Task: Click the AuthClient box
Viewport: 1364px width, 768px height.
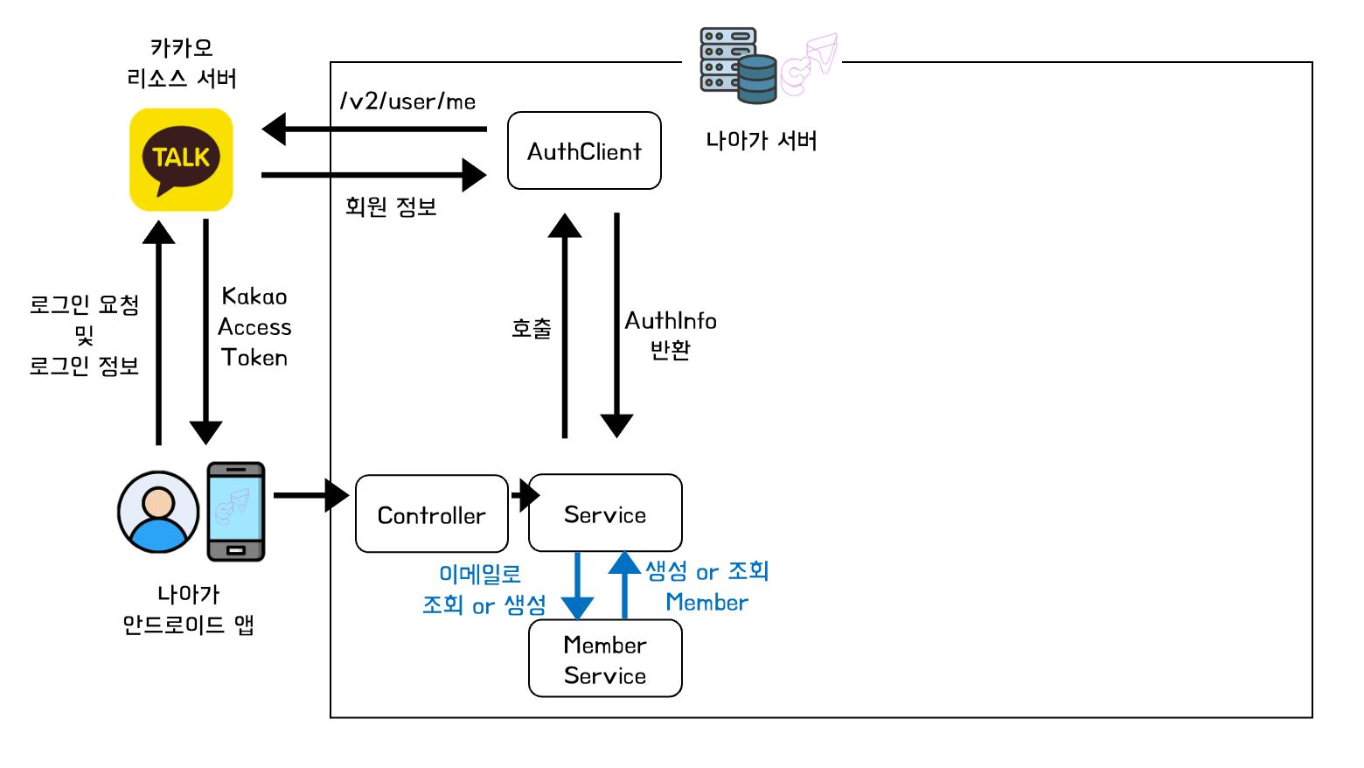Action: (x=584, y=150)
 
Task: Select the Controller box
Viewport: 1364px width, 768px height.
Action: (x=432, y=514)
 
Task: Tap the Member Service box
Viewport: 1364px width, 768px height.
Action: (x=605, y=659)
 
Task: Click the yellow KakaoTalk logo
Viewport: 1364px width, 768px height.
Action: (x=181, y=159)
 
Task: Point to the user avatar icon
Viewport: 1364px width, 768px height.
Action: (x=158, y=512)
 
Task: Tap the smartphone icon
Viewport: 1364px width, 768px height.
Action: (x=235, y=512)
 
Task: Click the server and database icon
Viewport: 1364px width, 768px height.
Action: (x=739, y=66)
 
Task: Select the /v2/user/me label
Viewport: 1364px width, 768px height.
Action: (x=407, y=101)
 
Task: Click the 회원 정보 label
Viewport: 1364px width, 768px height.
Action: (x=391, y=207)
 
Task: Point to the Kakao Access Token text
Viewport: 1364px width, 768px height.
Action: (x=254, y=327)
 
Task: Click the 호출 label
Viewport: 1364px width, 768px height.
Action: (x=532, y=329)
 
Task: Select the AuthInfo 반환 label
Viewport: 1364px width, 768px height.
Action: (x=671, y=335)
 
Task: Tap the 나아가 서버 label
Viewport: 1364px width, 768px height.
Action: (x=762, y=141)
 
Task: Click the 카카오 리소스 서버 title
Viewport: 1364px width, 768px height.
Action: (x=182, y=63)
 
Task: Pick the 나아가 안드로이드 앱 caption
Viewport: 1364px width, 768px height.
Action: (x=188, y=610)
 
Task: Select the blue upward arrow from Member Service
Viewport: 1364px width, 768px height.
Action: (x=624, y=584)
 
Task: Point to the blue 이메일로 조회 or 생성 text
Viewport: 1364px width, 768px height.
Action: (x=484, y=590)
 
